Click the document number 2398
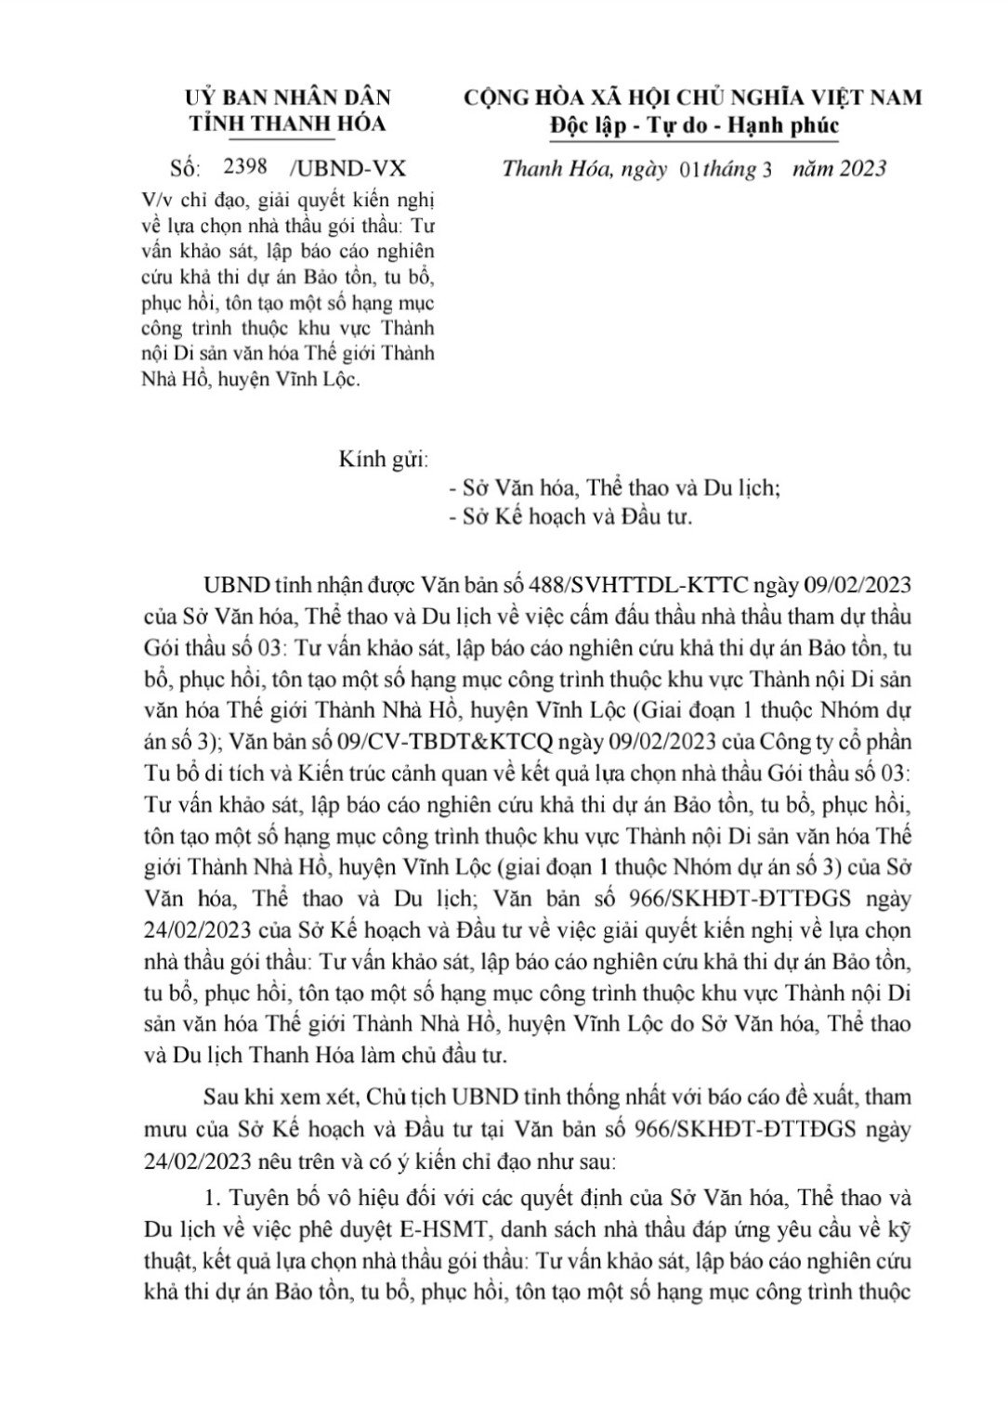[x=246, y=167]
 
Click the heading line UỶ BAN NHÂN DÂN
[x=288, y=97]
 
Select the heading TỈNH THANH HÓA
[x=288, y=124]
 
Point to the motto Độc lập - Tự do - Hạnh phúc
[x=694, y=125]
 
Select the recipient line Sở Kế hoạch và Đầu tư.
[x=576, y=516]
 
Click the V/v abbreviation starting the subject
[x=157, y=200]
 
